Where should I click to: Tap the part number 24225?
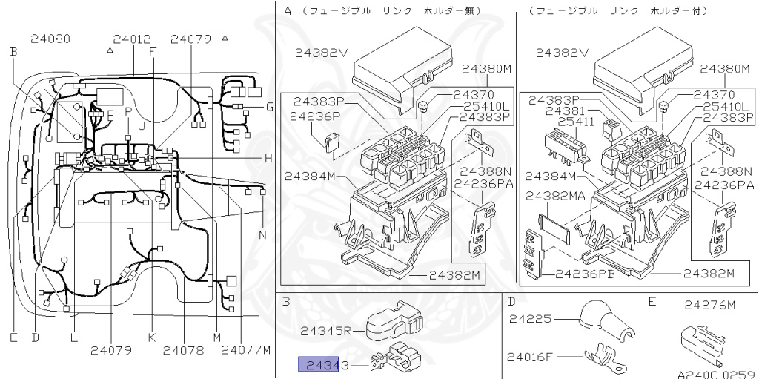coord(530,319)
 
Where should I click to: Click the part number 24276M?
coord(710,305)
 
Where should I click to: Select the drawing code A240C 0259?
coord(715,374)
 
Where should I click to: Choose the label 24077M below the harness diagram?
coord(245,349)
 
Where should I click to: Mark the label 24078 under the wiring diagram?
coord(182,349)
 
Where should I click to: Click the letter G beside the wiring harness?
coord(270,107)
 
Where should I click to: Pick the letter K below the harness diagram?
coord(152,337)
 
